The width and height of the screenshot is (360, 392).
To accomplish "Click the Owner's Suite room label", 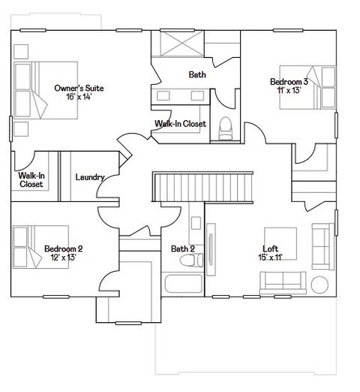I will (79, 88).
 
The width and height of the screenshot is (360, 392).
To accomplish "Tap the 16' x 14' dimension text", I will (79, 97).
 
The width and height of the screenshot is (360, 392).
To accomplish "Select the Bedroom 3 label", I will (288, 81).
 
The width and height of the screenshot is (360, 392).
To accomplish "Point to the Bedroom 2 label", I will (63, 249).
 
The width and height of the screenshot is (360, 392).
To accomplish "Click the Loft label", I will (270, 249).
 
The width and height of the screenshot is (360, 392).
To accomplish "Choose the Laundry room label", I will (89, 178).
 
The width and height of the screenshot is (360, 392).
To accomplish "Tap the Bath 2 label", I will (182, 249).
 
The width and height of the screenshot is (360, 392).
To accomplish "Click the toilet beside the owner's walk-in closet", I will (225, 129).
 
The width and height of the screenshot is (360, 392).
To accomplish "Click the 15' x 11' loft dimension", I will (270, 258).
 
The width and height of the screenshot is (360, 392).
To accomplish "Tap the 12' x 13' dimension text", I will (63, 258).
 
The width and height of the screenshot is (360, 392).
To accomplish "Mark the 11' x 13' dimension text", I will (288, 90).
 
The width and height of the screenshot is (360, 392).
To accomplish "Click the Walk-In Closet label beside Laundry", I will (31, 179).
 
